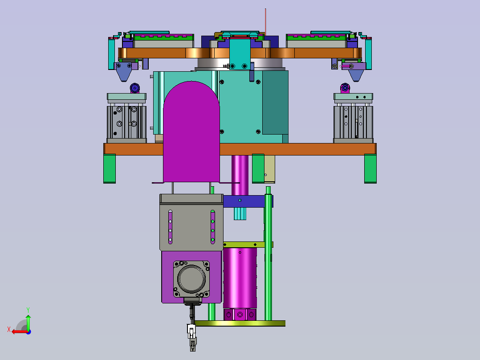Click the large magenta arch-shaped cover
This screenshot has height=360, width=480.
pos(191,132)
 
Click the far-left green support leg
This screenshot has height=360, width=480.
pos(110,169)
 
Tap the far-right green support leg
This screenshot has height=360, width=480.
pos(370,169)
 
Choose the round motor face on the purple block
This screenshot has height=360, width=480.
pos(191,279)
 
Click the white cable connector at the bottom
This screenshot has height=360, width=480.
pos(191,331)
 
